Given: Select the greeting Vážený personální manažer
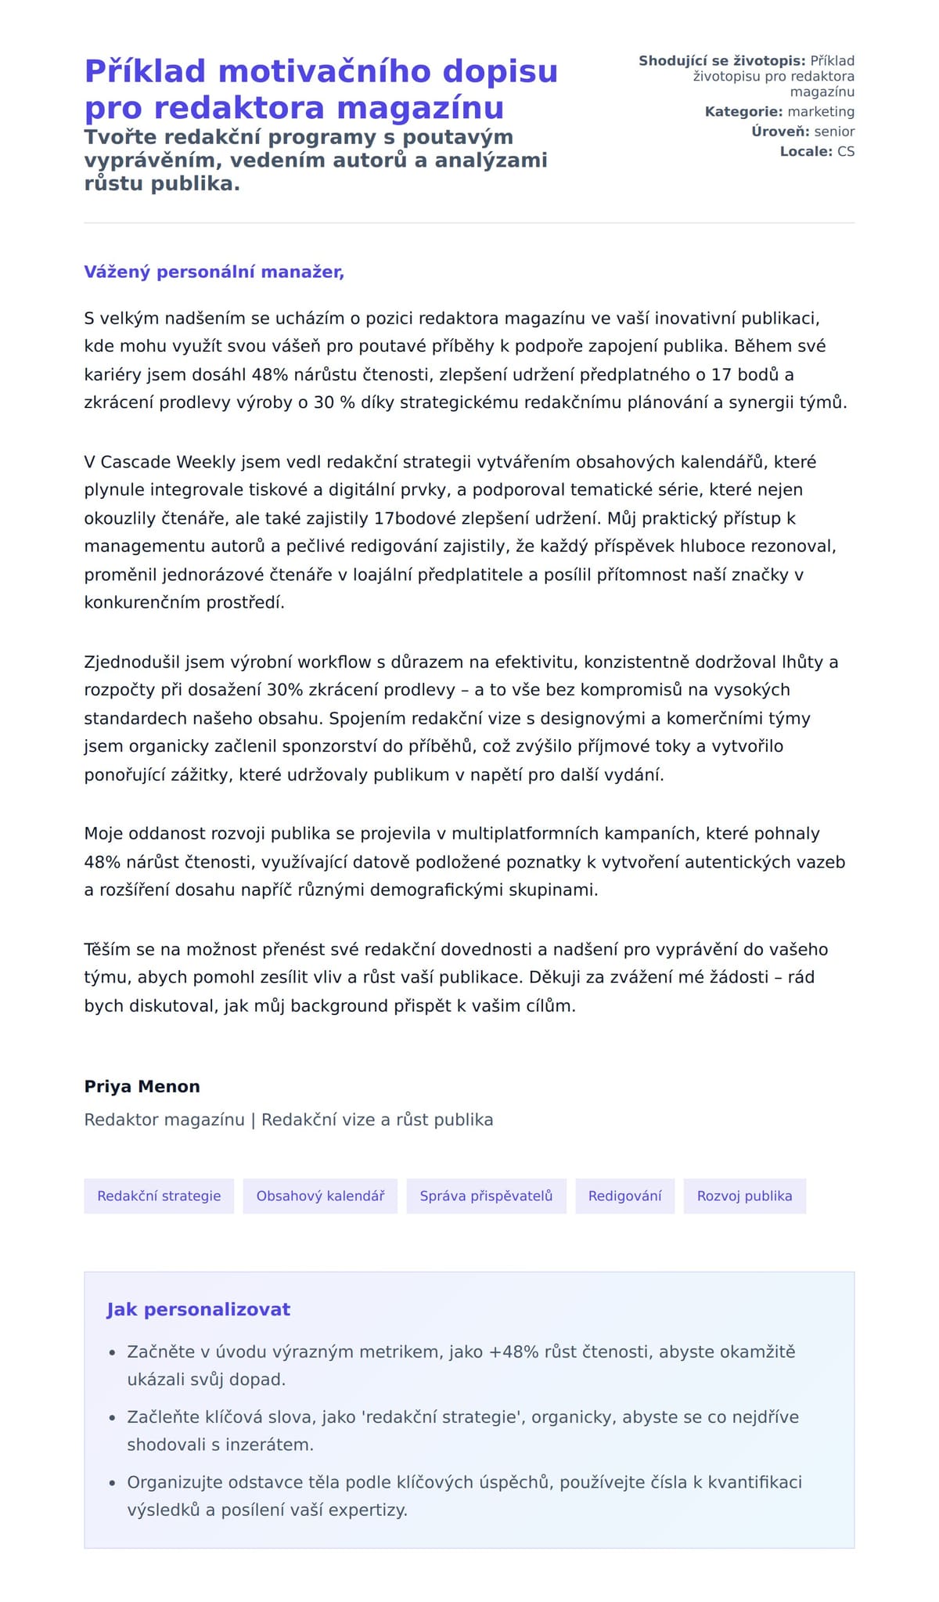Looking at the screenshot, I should click(214, 272).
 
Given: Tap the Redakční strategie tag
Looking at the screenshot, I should click(159, 1196).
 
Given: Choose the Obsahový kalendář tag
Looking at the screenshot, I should click(320, 1196).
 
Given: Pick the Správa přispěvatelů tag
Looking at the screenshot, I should click(486, 1196).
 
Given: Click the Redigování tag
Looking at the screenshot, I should click(624, 1196).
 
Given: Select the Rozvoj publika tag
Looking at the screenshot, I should click(744, 1196).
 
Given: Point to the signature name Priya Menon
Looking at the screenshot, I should click(142, 1086).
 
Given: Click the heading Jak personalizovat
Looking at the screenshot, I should click(198, 1309).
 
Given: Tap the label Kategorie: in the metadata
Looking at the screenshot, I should click(743, 112).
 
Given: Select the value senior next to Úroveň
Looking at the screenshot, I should click(834, 132).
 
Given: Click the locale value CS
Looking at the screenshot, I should click(846, 151).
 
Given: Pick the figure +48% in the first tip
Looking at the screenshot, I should click(513, 1351).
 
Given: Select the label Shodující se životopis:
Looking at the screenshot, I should click(721, 61).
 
